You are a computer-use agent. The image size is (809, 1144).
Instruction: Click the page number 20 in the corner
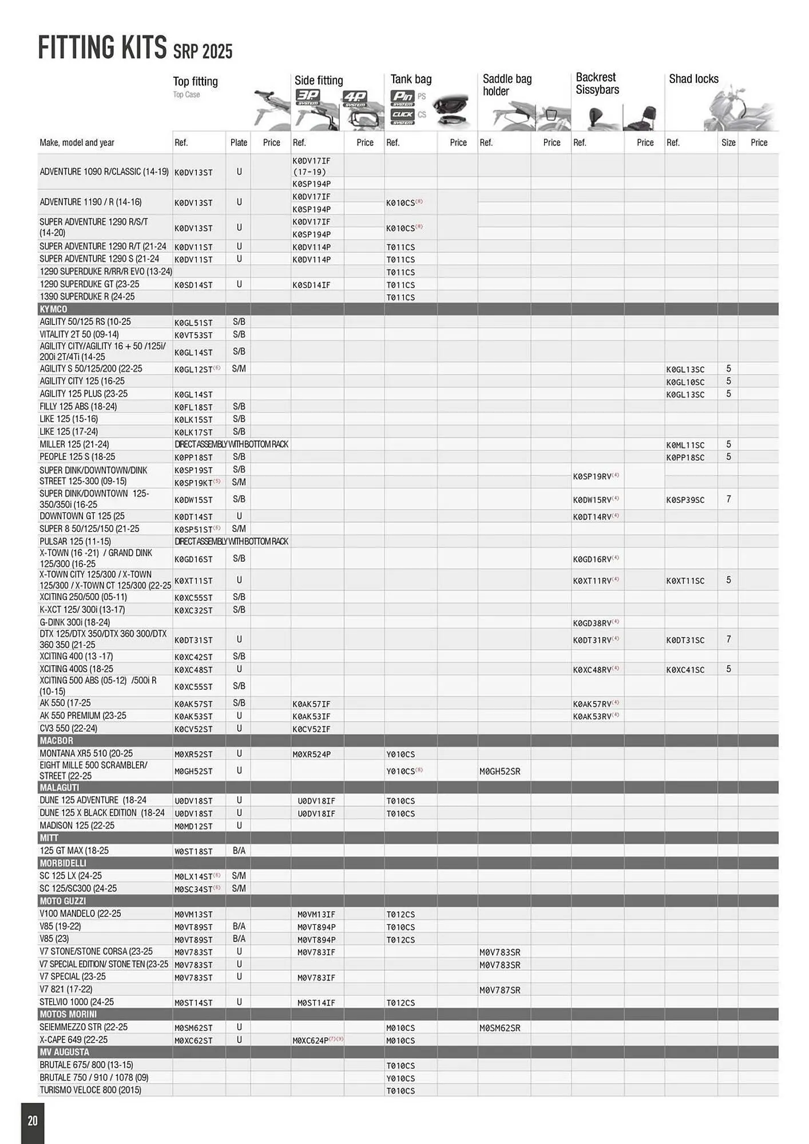point(33,1120)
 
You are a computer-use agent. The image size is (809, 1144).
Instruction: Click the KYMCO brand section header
point(53,309)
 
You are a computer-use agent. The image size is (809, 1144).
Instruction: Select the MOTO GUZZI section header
point(63,901)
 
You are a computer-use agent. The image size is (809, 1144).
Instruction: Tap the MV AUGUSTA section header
point(64,1052)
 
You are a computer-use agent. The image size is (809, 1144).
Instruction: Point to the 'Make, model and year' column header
point(77,142)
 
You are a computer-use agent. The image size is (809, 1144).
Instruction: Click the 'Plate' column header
point(239,142)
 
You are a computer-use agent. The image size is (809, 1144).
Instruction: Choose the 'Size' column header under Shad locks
point(728,142)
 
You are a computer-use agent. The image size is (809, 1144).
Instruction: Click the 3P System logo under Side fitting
point(308,97)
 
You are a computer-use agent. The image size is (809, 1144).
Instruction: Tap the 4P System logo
point(355,99)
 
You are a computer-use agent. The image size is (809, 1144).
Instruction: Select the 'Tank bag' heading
point(411,79)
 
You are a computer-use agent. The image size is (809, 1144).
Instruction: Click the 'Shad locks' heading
point(693,79)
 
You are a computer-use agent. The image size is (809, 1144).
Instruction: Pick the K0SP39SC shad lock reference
point(685,500)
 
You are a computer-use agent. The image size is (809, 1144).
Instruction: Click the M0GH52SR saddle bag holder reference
point(499,771)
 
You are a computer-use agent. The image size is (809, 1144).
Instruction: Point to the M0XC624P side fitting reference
point(311,1040)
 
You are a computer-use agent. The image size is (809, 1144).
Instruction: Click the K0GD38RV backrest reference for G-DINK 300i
point(592,623)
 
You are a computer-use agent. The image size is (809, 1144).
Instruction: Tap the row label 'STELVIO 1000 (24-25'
point(77,1002)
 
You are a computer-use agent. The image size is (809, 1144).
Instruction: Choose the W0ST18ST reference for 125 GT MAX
point(193,851)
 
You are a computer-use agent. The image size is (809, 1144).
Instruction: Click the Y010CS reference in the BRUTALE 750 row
point(400,1078)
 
